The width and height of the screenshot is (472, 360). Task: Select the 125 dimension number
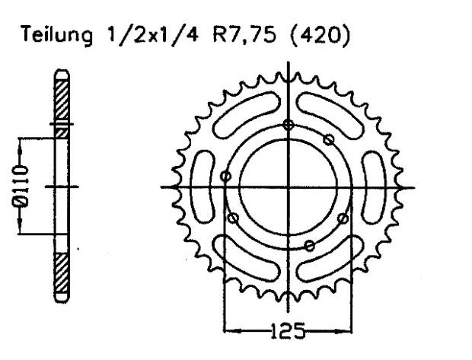pos(288,331)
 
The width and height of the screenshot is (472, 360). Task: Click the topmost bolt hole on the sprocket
pos(287,126)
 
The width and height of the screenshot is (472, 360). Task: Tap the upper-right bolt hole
pos(329,139)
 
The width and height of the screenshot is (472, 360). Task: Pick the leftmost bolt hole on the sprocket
pos(225,177)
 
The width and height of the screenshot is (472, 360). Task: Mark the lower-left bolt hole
pos(234,218)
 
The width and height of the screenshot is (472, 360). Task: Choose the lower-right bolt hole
pos(343,218)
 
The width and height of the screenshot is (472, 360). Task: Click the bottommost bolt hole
pos(309,244)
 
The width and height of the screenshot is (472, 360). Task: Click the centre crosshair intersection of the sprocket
pos(288,187)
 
